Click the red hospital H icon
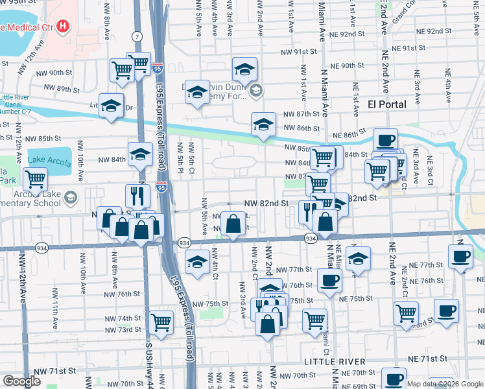click(62, 27)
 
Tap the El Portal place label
click(387, 104)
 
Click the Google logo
click(21, 382)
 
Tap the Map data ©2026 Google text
click(444, 384)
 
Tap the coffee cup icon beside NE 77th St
click(460, 256)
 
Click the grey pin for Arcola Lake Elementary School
click(70, 196)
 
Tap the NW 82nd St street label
click(266, 203)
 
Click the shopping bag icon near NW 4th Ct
click(233, 224)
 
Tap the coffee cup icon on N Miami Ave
click(329, 280)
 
